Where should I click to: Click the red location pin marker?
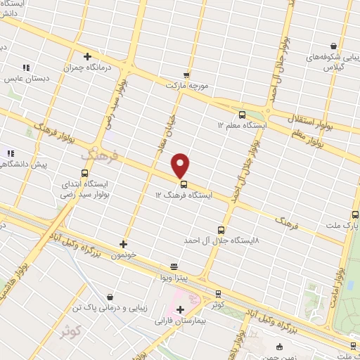coord(181,165)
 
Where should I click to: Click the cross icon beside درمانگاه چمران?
coord(87,57)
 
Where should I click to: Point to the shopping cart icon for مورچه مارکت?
coord(186,74)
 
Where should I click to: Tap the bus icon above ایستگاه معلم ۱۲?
coord(243,114)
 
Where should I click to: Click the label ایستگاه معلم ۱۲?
coord(242,124)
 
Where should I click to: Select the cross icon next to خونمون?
coord(124,244)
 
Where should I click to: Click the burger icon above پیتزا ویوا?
coord(174,266)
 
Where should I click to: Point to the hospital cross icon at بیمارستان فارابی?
coord(181,309)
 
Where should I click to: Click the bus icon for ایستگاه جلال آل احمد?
coord(221,229)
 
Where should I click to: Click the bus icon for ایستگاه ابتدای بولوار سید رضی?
coord(85,173)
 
